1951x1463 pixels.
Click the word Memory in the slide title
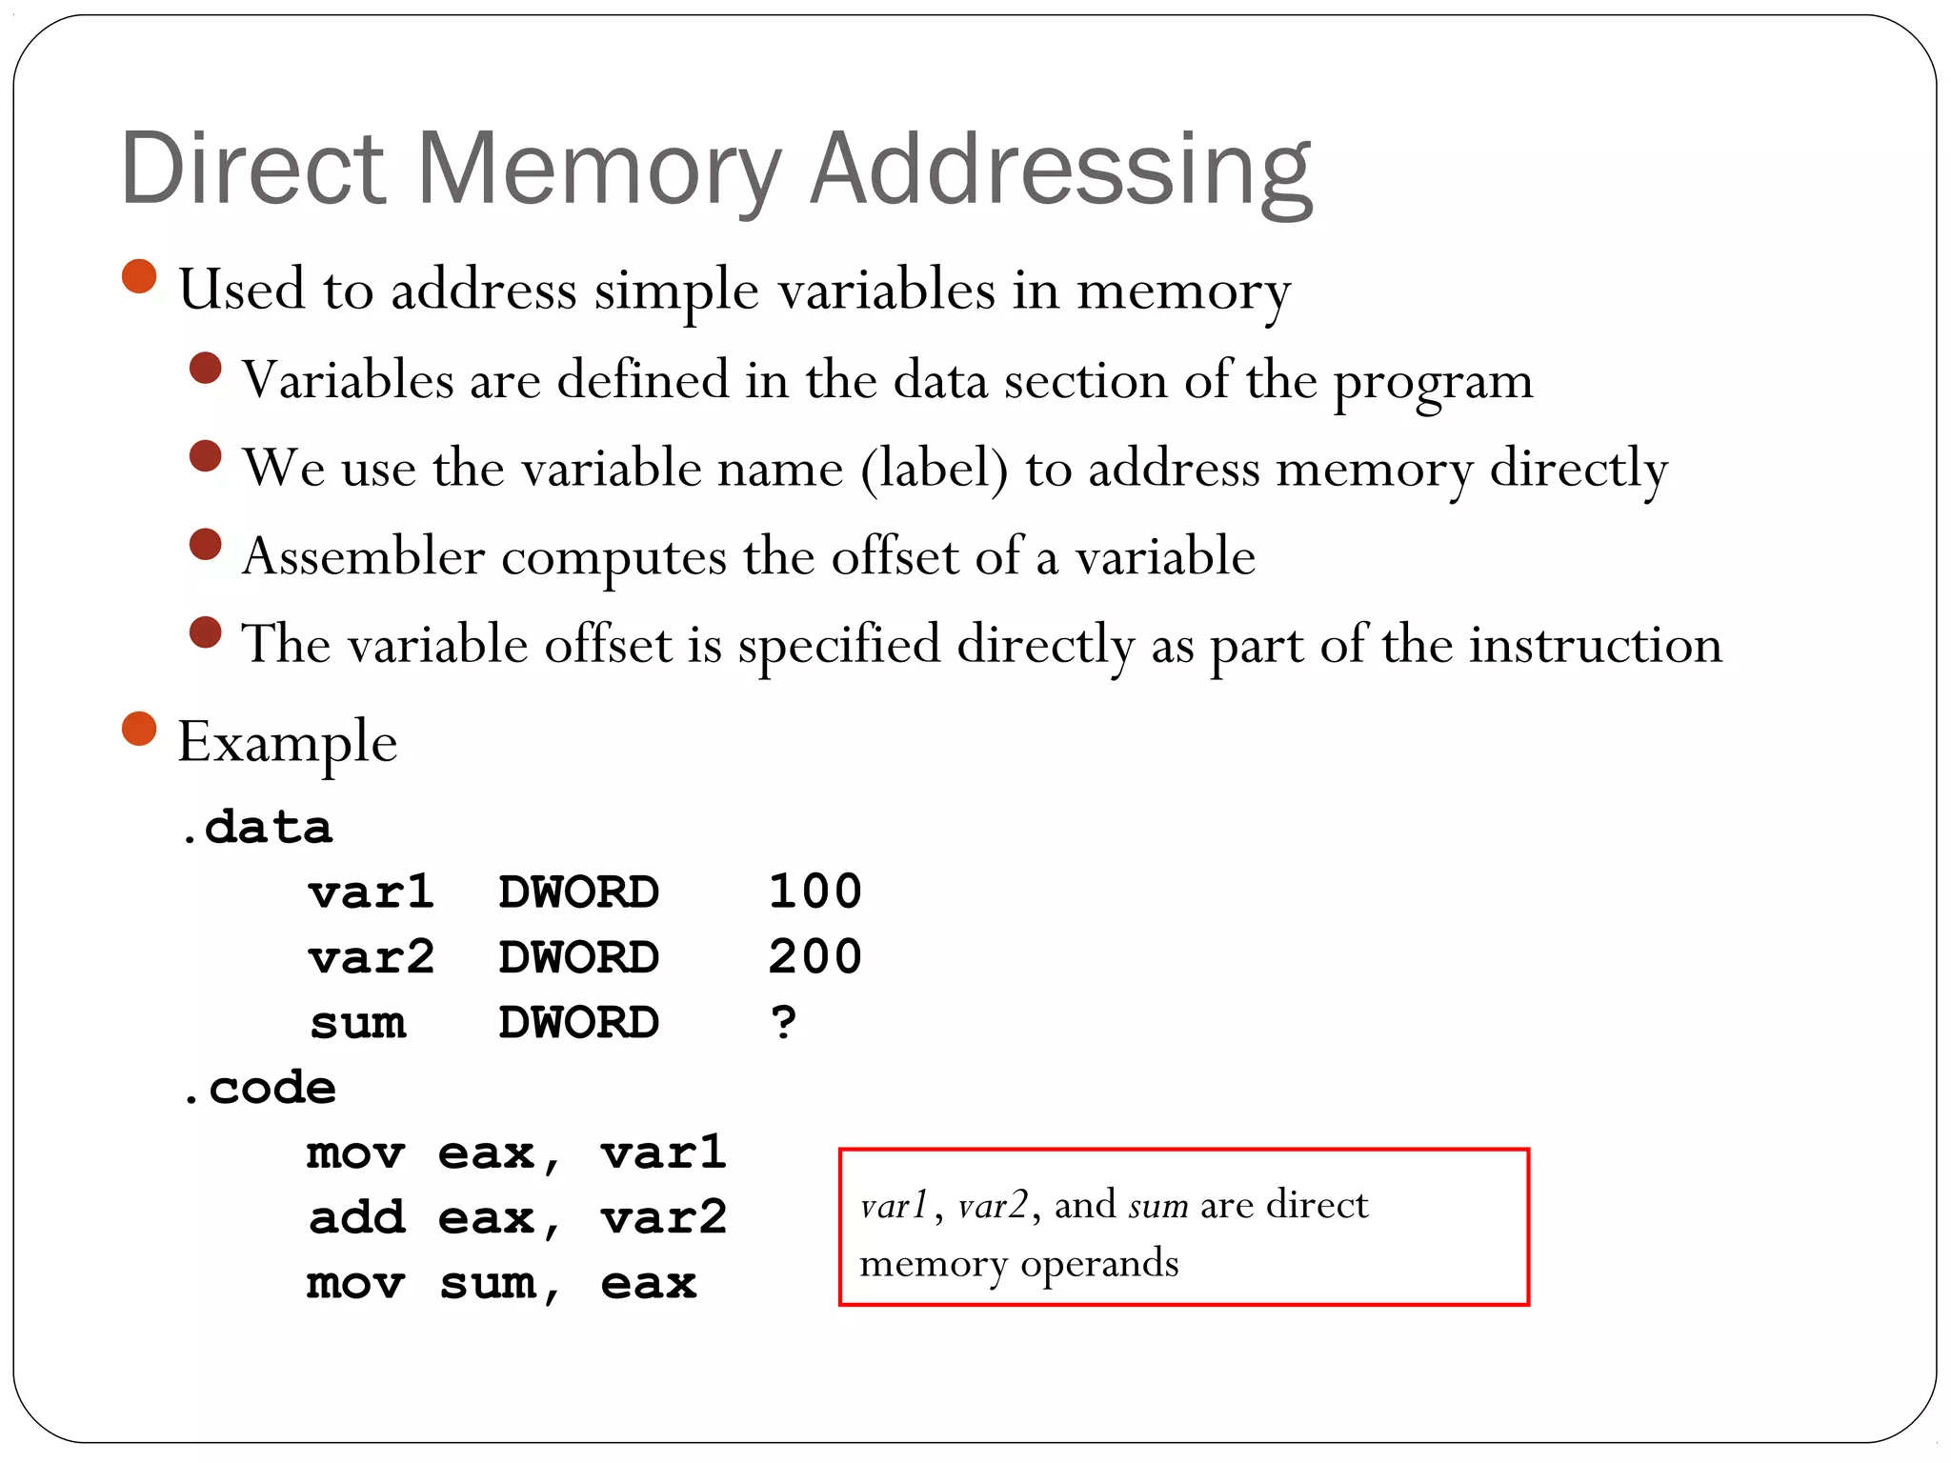point(598,170)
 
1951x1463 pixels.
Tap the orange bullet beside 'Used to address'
point(139,276)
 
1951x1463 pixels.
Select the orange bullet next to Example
point(139,729)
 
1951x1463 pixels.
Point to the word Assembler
point(363,556)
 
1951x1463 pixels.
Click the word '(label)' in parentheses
point(934,470)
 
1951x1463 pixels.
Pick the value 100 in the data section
point(815,892)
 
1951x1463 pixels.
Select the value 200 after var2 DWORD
point(815,957)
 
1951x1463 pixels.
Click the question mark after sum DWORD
point(783,1023)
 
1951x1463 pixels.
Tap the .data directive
point(257,827)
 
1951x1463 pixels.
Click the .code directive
point(259,1088)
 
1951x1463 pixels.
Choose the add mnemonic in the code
point(357,1218)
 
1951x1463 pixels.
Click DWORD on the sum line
point(578,1023)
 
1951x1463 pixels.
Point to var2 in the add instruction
point(664,1218)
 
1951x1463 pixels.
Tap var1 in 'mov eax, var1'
point(664,1153)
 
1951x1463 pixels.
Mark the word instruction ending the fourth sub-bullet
point(1596,645)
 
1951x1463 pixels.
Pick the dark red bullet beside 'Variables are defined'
point(206,368)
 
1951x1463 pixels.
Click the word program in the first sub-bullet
point(1433,383)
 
